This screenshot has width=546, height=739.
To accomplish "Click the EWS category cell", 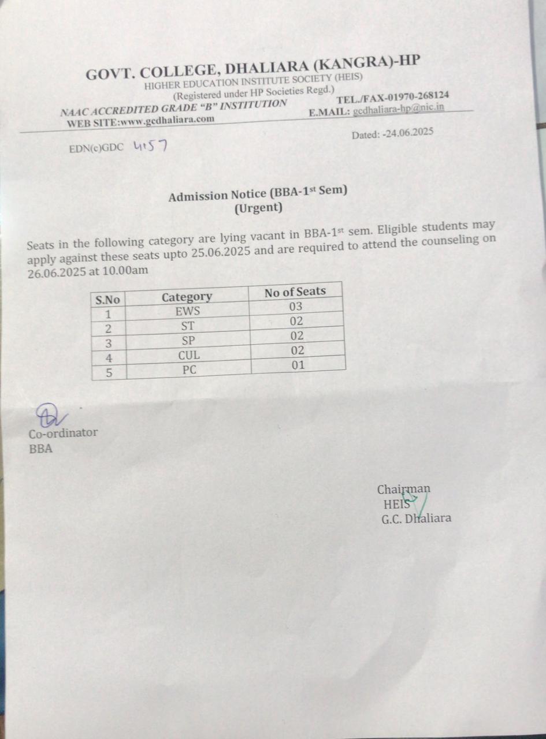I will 187,311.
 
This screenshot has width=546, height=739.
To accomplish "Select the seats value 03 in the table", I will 296,307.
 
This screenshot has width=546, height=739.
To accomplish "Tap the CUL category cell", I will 189,356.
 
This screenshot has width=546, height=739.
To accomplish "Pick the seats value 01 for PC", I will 298,365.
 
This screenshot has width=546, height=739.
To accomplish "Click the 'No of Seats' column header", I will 295,292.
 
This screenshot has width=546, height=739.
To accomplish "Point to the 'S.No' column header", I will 107,300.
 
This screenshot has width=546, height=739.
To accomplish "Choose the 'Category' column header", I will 187,297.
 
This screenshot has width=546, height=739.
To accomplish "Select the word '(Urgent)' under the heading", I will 258,208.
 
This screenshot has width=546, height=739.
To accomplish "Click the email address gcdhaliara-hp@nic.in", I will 399,109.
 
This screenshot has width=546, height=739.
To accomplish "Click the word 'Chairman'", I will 403,490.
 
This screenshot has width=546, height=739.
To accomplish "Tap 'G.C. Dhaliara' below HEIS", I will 416,518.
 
